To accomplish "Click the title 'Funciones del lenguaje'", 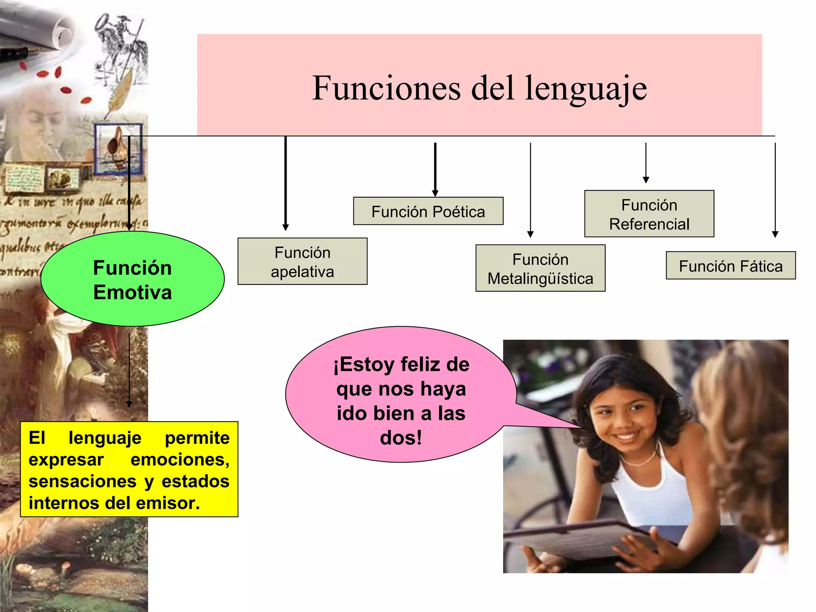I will coord(479,88).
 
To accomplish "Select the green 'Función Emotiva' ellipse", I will coord(132,279).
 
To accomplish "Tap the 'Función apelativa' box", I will coord(302,262).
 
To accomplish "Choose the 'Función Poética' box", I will coord(428,212).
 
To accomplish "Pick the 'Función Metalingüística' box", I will coord(540,269).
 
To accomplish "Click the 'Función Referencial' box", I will coord(649,214).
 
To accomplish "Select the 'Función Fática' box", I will coord(730,266).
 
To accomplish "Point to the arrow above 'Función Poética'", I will coord(435,169).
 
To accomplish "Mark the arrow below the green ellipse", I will coord(129,371).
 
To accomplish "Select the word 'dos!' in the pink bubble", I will coord(401,437).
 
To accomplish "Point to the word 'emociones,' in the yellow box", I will coord(180,460).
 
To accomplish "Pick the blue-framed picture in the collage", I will coord(118,149).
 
